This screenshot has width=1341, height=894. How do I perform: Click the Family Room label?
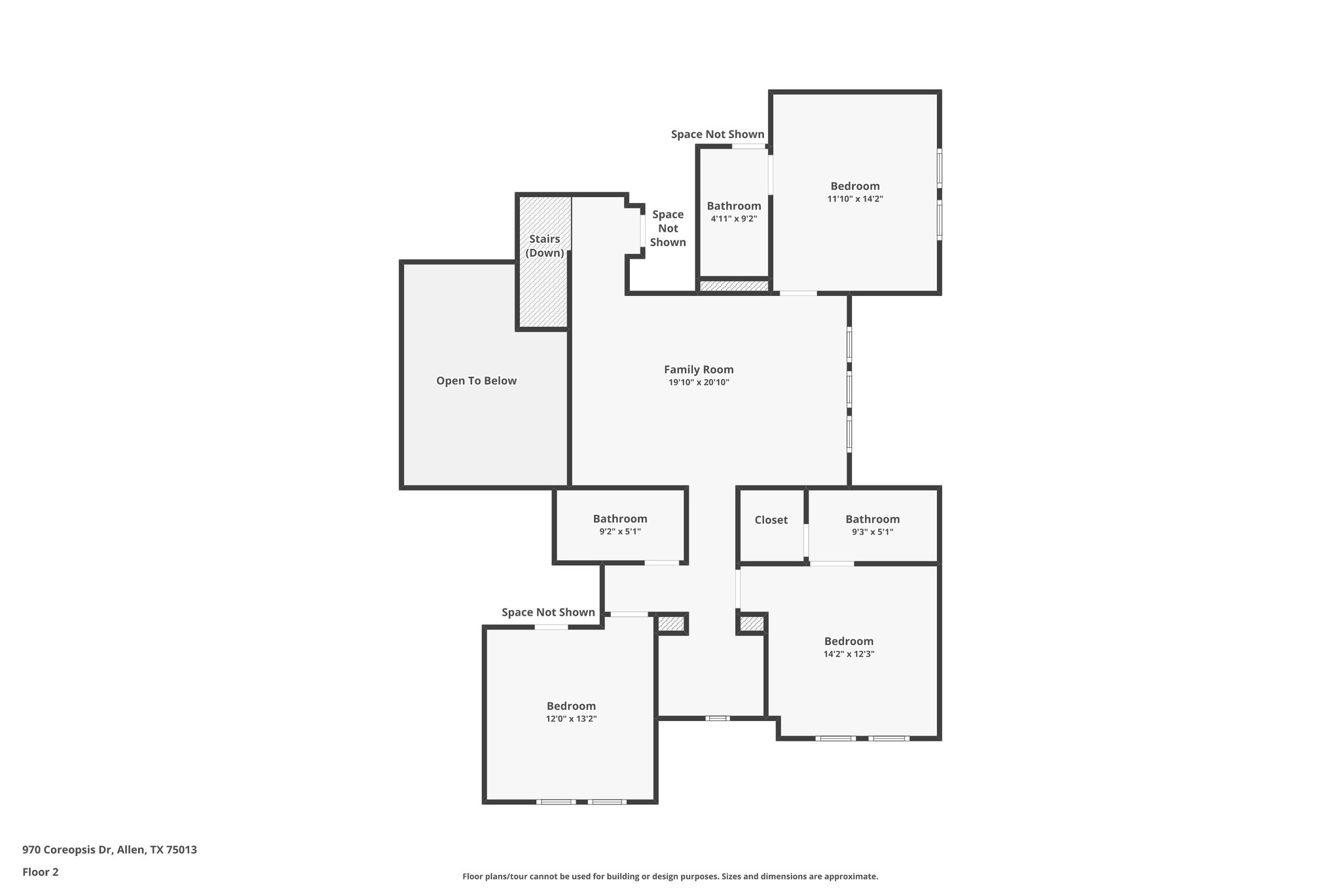[x=699, y=369]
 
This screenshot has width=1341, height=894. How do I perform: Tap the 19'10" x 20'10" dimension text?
[x=699, y=382]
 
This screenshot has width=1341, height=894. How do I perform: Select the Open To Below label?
[x=476, y=381]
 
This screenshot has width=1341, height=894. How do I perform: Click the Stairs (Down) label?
[x=544, y=246]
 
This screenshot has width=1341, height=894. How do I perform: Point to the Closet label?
[x=771, y=520]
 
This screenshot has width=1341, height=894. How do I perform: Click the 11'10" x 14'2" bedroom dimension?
[x=855, y=199]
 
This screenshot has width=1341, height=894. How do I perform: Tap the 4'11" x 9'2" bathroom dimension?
[x=733, y=219]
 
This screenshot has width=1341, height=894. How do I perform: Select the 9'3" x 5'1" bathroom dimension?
[x=872, y=532]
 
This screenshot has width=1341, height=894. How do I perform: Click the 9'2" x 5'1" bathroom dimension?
[x=619, y=532]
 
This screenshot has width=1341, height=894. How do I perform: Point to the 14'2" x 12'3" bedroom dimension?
[x=849, y=654]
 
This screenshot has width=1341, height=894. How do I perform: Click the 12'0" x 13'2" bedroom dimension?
[x=571, y=718]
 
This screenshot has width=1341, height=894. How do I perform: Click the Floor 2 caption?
[x=41, y=872]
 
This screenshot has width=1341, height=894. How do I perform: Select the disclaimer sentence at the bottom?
[x=670, y=876]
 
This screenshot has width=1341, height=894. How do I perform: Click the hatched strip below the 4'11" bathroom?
[x=733, y=286]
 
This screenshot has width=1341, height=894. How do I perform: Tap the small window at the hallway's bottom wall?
[x=718, y=718]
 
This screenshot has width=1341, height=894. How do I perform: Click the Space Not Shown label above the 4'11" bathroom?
[x=717, y=134]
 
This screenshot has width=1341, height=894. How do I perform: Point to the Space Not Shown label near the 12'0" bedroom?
[x=548, y=612]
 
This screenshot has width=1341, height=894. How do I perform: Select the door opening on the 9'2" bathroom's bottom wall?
[x=662, y=563]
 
